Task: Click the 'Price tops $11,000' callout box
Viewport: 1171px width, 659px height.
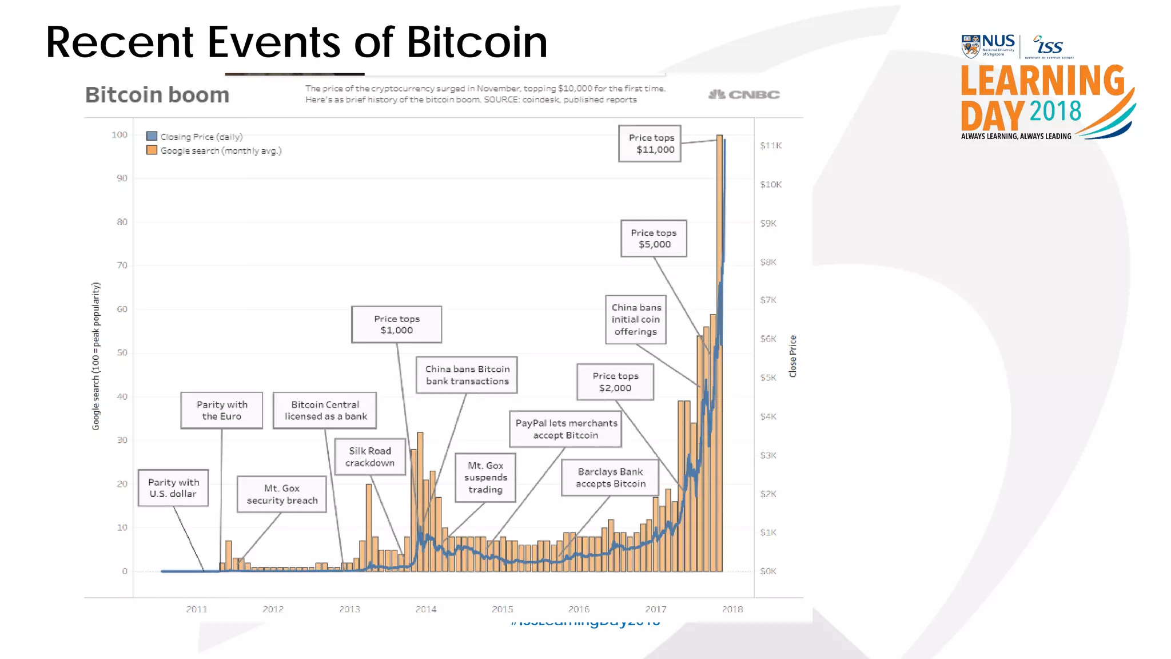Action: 650,144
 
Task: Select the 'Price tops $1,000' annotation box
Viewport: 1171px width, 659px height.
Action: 396,324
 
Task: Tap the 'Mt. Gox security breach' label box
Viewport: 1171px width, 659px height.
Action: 282,494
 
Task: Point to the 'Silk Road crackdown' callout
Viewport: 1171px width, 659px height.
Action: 370,456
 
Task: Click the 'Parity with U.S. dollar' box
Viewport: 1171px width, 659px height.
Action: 173,488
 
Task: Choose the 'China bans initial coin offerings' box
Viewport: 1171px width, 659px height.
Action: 636,319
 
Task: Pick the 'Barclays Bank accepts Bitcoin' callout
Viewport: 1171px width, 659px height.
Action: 610,478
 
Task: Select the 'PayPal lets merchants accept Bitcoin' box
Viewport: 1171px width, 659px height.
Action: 565,429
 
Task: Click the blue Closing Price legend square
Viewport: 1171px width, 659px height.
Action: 152,136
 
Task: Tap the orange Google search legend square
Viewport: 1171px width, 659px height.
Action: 152,150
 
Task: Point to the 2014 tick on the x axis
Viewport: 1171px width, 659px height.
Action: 426,609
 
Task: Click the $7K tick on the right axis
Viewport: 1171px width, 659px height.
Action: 768,300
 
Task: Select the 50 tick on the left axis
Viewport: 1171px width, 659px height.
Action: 122,352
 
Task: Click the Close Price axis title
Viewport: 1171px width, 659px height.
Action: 792,356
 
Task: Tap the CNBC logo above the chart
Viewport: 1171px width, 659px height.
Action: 744,94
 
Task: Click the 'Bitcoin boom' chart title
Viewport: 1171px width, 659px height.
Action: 157,95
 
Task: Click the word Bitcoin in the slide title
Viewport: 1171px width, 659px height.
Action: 477,42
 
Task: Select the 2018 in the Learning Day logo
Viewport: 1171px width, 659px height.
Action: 1055,111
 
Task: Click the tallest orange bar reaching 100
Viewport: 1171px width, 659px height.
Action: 719,343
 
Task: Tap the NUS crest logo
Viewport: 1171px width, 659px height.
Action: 970,46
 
